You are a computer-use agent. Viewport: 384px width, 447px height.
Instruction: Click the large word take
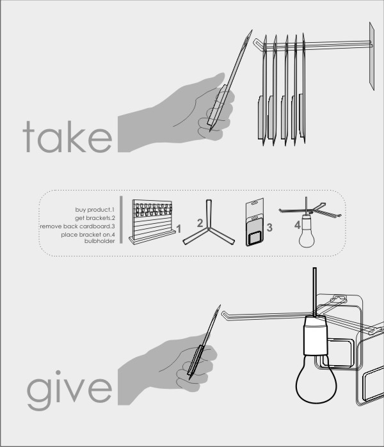[67, 137]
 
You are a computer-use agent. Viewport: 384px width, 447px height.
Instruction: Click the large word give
[69, 390]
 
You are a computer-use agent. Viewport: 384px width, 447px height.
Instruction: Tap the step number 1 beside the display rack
[179, 229]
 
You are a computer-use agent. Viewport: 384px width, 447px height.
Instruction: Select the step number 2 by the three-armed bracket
[200, 223]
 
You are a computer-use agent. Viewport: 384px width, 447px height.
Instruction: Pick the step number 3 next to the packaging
[269, 228]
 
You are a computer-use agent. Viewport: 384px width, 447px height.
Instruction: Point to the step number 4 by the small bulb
[298, 225]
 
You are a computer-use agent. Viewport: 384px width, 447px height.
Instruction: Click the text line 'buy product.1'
[95, 210]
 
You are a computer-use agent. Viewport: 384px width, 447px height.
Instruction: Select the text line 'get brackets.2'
[95, 218]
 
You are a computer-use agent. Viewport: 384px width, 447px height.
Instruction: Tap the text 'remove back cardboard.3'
[77, 226]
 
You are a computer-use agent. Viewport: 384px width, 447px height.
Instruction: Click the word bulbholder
[100, 241]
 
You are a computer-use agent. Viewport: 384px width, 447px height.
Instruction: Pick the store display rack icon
[152, 222]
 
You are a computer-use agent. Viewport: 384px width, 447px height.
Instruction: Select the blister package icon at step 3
[255, 222]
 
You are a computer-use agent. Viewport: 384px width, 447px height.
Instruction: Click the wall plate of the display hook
[372, 56]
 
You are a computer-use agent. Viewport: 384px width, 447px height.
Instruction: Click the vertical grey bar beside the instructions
[121, 219]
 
